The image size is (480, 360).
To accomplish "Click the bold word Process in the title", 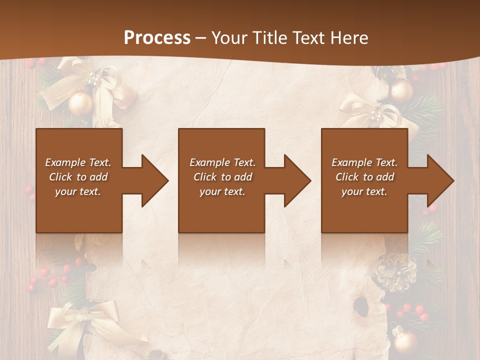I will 157,37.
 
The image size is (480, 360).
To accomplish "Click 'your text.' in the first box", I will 78,191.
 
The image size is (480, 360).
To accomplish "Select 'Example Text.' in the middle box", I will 222,162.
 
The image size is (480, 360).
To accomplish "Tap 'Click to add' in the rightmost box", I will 364,177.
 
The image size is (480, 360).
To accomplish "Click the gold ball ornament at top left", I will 80,103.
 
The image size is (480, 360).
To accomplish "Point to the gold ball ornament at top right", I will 401,91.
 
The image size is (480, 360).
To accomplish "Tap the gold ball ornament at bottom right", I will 404,342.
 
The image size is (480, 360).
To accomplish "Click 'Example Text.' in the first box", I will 78,162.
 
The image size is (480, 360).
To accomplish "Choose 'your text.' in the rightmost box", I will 364,191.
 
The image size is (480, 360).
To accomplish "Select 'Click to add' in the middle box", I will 222,177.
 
